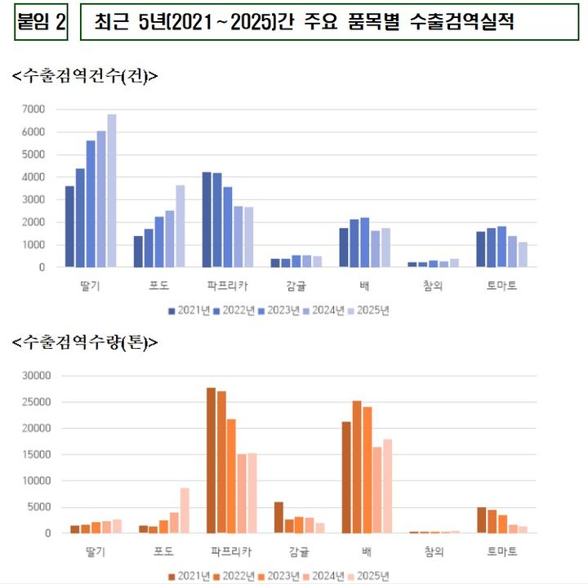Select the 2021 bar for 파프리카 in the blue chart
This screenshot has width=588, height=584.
pyautogui.click(x=207, y=220)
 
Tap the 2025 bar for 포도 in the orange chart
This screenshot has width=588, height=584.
pyautogui.click(x=185, y=510)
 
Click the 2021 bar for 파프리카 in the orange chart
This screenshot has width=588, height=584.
pyautogui.click(x=211, y=461)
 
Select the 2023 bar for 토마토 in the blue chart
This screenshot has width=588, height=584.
pyautogui.click(x=501, y=247)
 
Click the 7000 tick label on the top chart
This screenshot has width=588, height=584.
pyautogui.click(x=33, y=109)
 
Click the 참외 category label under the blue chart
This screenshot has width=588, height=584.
pyautogui.click(x=432, y=286)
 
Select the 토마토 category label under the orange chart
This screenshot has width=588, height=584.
pyautogui.click(x=501, y=552)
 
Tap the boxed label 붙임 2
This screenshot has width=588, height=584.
pyautogui.click(x=41, y=22)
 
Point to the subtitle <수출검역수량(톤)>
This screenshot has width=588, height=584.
pyautogui.click(x=85, y=344)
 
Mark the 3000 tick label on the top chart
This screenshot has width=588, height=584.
pyautogui.click(x=33, y=199)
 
